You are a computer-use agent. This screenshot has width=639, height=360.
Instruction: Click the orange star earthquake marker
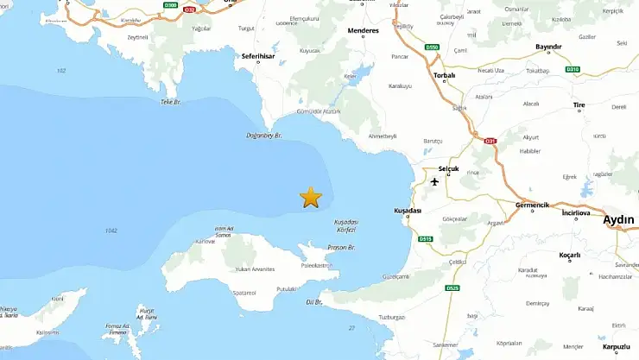point(310,198)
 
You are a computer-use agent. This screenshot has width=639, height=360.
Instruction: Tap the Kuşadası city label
point(408,211)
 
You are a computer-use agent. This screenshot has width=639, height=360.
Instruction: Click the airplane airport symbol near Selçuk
point(434,181)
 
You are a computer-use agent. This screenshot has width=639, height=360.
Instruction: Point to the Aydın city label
point(618,219)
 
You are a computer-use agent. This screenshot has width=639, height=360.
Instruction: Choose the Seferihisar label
point(258,57)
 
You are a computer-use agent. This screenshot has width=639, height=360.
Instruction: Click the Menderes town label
point(362,30)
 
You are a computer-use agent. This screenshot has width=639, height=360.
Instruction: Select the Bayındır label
point(549,47)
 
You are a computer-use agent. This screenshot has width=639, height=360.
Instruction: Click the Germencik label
point(532,205)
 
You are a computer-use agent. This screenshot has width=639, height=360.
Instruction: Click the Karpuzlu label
point(617,347)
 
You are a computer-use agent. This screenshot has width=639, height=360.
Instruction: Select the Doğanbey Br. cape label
point(265,135)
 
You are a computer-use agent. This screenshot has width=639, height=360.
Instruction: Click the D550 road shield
point(433,47)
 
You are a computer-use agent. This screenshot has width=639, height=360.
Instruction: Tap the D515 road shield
point(425,239)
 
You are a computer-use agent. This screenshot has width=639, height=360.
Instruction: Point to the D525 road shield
point(453,287)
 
